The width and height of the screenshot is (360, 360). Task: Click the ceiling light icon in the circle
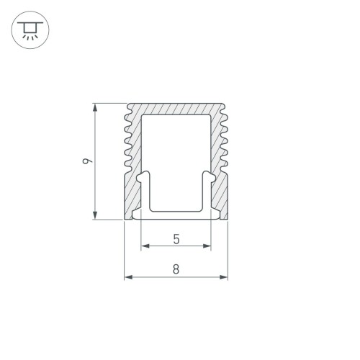pos(29,30)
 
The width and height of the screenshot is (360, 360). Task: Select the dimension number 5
pos(176,238)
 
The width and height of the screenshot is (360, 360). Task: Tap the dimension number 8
pos(176,269)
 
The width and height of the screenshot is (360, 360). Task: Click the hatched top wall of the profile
pos(176,107)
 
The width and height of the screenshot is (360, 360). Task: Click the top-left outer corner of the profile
pos(127,103)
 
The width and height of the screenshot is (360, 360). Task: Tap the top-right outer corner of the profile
pos(225,103)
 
